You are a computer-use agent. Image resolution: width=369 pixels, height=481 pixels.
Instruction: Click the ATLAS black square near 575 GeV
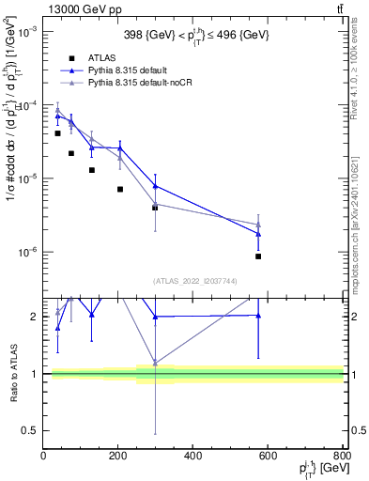(x=258, y=256)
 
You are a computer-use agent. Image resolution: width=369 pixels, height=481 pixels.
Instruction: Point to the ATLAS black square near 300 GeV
(x=155, y=207)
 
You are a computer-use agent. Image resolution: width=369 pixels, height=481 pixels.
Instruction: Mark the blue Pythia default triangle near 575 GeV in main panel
(x=258, y=234)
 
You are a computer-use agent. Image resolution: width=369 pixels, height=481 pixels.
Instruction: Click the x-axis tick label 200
(x=118, y=458)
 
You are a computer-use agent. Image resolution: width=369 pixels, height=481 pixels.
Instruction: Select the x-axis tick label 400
(x=192, y=458)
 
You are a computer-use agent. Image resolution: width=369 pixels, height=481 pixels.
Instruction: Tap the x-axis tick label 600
(x=268, y=458)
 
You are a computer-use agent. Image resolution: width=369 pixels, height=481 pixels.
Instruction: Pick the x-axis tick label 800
(x=341, y=458)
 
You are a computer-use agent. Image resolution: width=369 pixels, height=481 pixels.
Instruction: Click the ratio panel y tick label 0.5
(x=30, y=431)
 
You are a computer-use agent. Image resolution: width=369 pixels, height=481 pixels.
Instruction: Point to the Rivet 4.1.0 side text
(x=358, y=67)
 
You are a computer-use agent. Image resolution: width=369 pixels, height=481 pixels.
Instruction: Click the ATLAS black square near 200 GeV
(x=120, y=189)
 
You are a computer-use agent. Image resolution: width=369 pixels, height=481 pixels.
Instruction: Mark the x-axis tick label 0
(x=43, y=458)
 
